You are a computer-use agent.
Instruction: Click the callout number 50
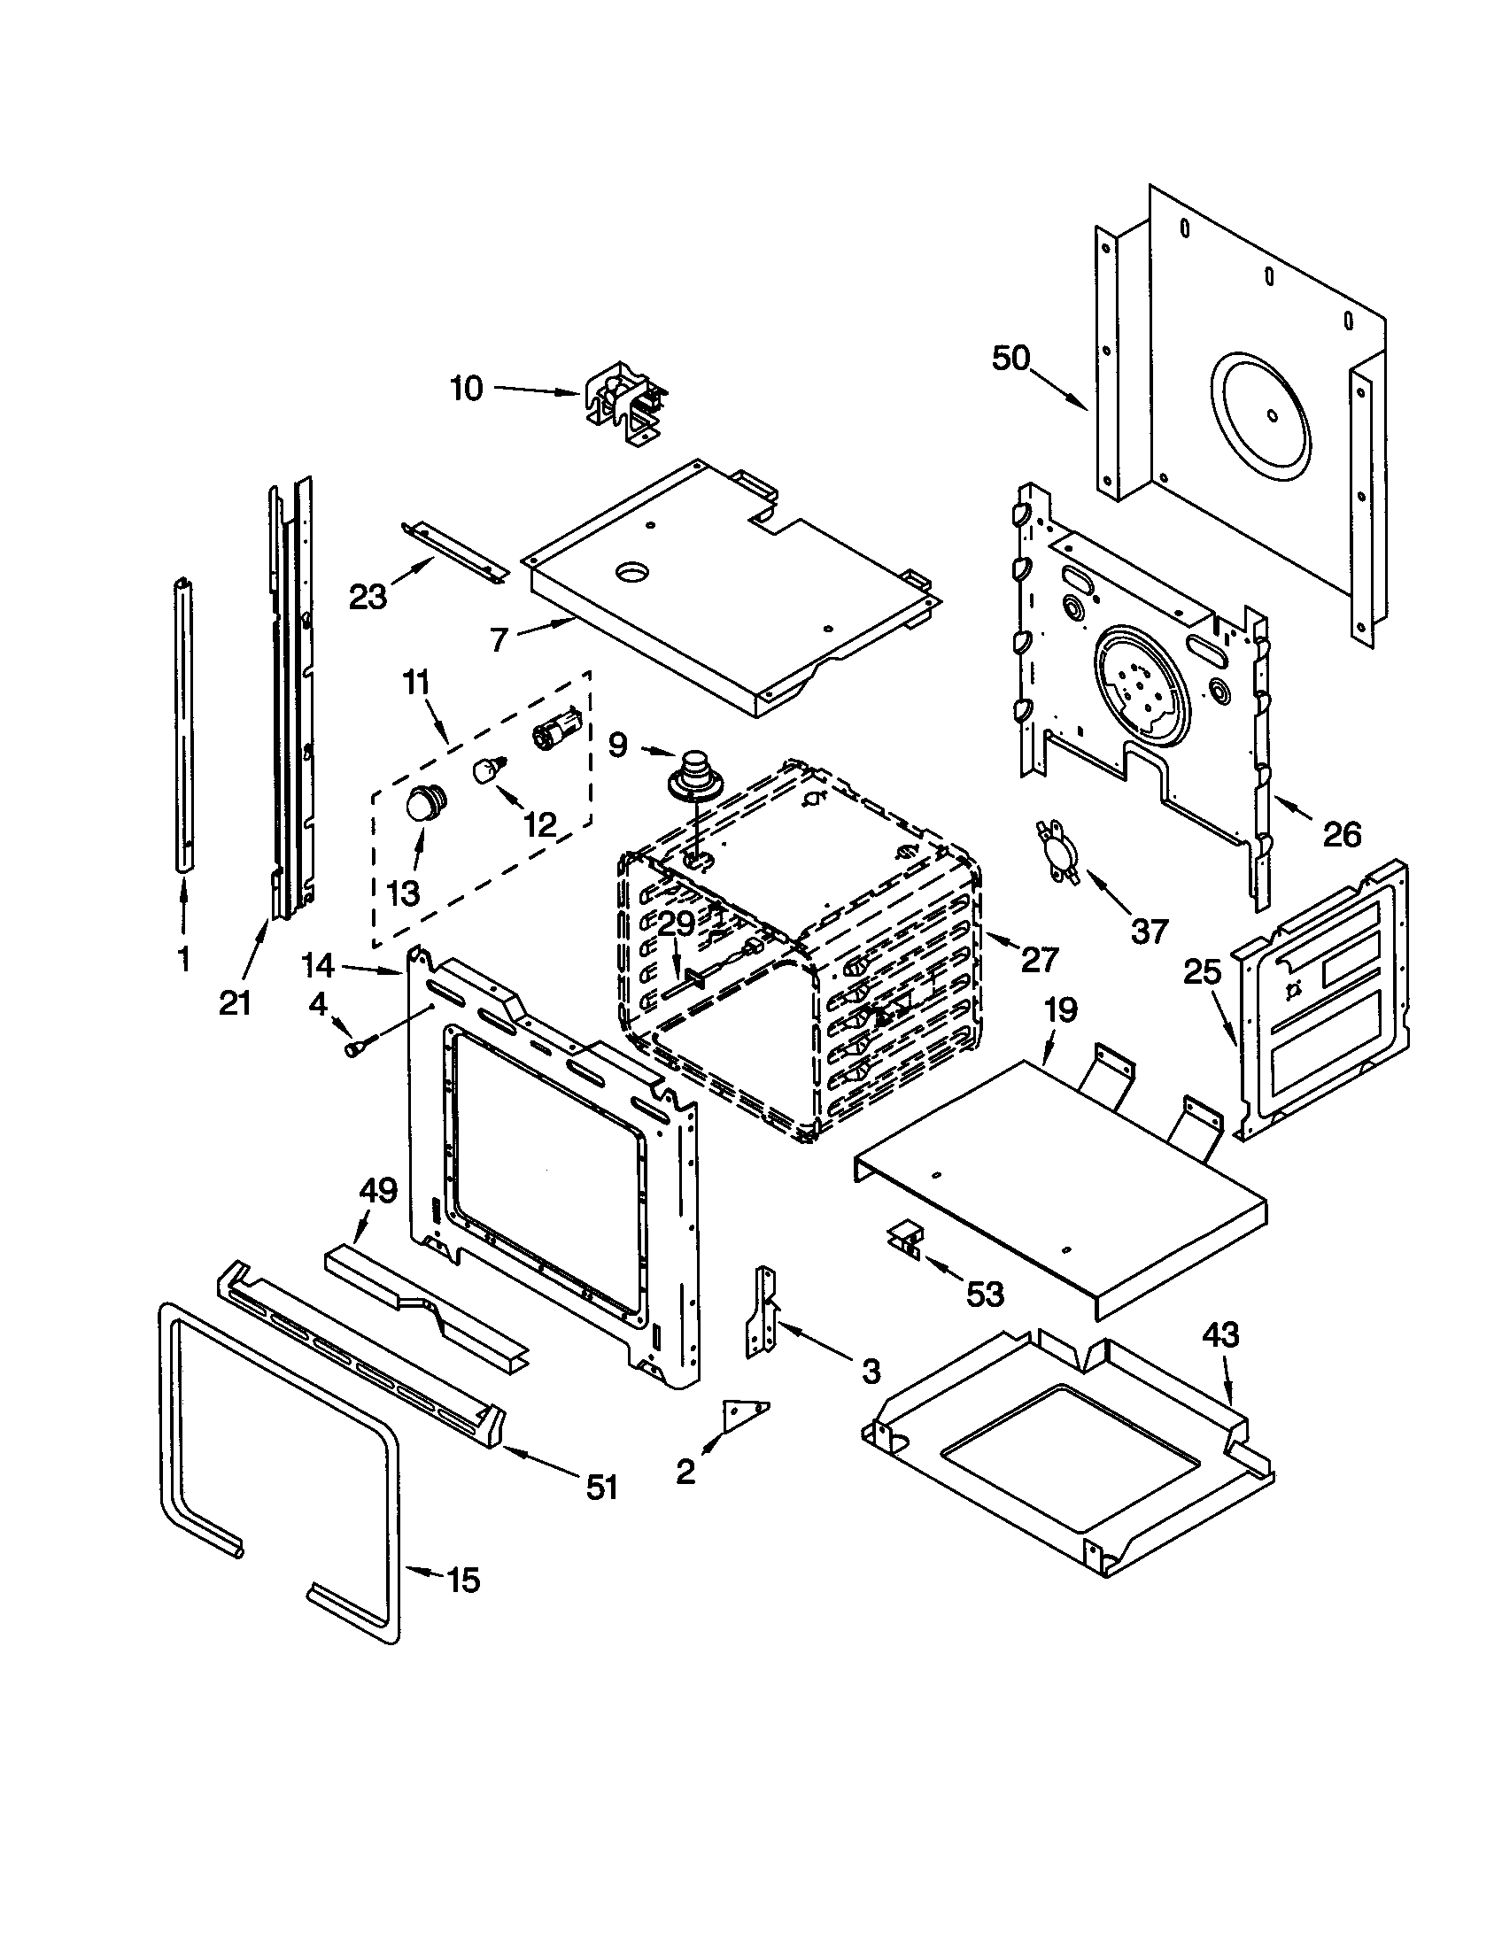tap(1010, 359)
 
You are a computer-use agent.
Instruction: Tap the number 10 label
tap(466, 389)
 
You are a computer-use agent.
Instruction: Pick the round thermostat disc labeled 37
tap(1055, 854)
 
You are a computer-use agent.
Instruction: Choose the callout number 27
tap(1039, 960)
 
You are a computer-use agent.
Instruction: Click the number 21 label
tap(235, 1003)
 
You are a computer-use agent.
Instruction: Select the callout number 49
tap(377, 1191)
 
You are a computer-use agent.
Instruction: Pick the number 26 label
tap(1342, 835)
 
